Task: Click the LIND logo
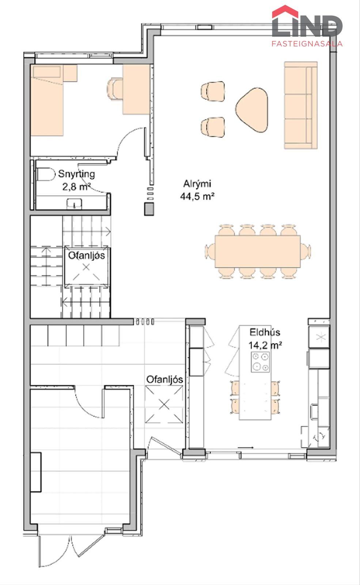coord(307,26)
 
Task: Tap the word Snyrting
coord(76,174)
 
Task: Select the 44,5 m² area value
coord(197,196)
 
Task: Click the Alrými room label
coord(197,184)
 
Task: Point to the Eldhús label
coord(265,332)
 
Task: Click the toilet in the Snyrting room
coord(46,174)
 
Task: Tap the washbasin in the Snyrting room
coord(75,204)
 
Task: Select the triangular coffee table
coord(252,109)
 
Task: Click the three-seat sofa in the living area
coord(301,105)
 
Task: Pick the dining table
coord(258,251)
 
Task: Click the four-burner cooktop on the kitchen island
coord(260,362)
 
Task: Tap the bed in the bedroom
coord(48,100)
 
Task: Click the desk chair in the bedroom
coord(114,89)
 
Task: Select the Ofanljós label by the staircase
coord(86,255)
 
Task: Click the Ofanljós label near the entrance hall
coord(164,380)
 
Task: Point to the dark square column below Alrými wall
coord(149,209)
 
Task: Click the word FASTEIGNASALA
coord(307,44)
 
